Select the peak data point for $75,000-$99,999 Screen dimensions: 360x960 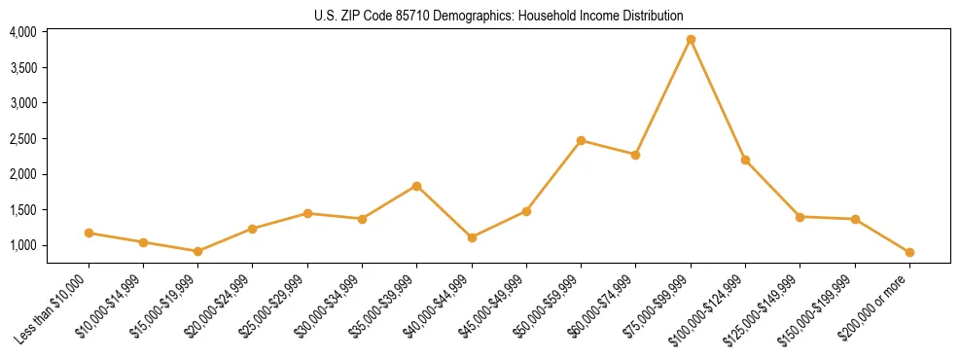[x=691, y=40]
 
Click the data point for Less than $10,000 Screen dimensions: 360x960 [x=89, y=233]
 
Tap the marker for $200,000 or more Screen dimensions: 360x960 [x=909, y=252]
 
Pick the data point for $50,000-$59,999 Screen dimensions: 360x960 [x=581, y=140]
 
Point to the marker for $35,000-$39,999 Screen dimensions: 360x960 [x=416, y=186]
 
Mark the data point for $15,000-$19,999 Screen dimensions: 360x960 [x=197, y=251]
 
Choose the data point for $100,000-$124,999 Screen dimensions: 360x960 [x=745, y=160]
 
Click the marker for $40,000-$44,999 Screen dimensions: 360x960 [x=472, y=237]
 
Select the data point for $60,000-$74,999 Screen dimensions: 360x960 [x=635, y=155]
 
